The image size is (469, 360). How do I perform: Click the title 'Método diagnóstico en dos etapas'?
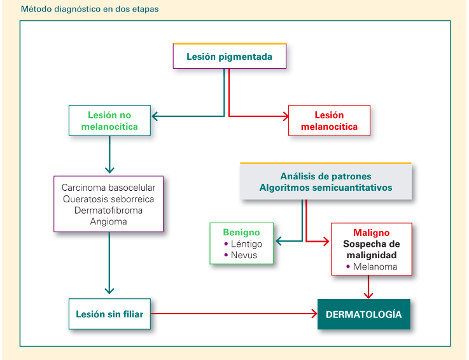coord(90,9)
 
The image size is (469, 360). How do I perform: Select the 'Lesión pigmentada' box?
coord(230,56)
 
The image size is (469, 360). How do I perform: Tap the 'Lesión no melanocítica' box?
coord(109,120)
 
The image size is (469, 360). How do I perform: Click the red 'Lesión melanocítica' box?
coord(329,120)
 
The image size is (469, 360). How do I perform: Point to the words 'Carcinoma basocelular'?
coord(108,188)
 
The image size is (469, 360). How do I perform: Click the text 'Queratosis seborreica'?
coord(108,199)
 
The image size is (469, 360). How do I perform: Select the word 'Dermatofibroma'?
coord(108,210)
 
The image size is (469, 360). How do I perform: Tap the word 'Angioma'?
coord(108,221)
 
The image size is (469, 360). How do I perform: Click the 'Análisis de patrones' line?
coord(326,176)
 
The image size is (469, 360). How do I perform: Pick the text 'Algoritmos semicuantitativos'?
coord(326,188)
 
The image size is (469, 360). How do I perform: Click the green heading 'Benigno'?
coord(241,232)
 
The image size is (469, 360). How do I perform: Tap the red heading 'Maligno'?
coord(371,233)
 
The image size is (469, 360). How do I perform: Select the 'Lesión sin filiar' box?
coord(109,314)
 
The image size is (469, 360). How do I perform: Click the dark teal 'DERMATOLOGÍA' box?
coord(364,314)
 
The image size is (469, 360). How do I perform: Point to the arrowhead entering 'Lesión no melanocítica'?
coord(154,116)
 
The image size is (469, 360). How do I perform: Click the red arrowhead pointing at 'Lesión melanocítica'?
coord(286,116)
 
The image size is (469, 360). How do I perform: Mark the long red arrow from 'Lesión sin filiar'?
coord(234,314)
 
